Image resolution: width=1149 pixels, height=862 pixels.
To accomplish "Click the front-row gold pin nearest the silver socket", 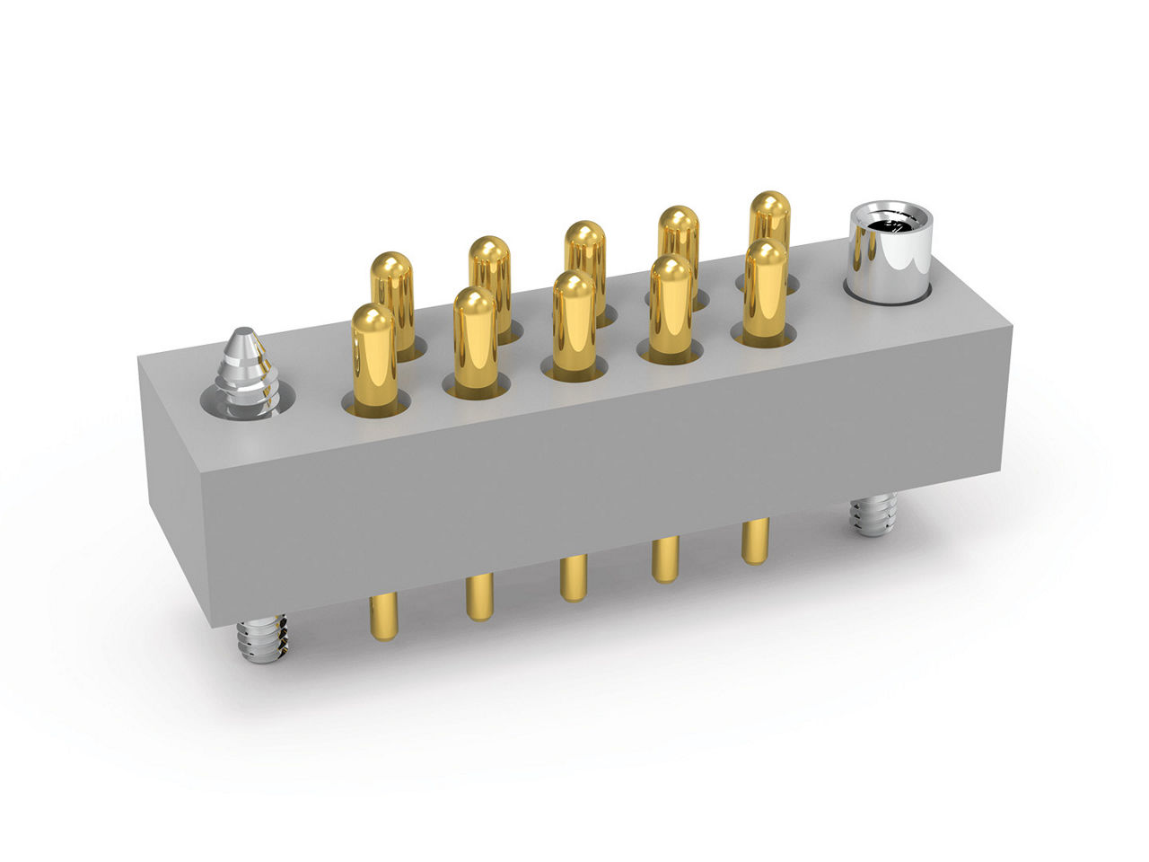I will pos(765,288).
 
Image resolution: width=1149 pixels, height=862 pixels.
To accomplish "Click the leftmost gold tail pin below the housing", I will pos(383,616).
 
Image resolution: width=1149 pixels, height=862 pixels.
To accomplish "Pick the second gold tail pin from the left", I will pos(480,597).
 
